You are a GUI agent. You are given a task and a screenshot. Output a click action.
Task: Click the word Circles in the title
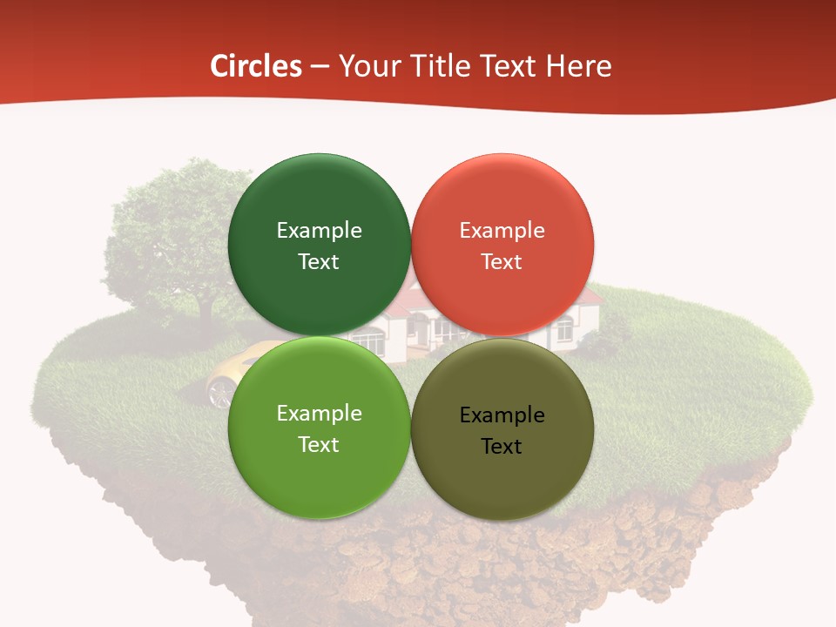tap(255, 66)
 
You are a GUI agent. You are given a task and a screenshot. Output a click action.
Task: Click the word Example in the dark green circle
tap(319, 231)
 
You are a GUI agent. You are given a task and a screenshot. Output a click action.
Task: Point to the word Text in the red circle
tap(502, 262)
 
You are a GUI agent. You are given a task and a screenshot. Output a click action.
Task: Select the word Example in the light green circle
tap(319, 414)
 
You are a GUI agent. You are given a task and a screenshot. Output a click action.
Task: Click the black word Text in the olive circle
tap(502, 447)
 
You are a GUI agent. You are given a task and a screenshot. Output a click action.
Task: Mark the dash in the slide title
tap(320, 67)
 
